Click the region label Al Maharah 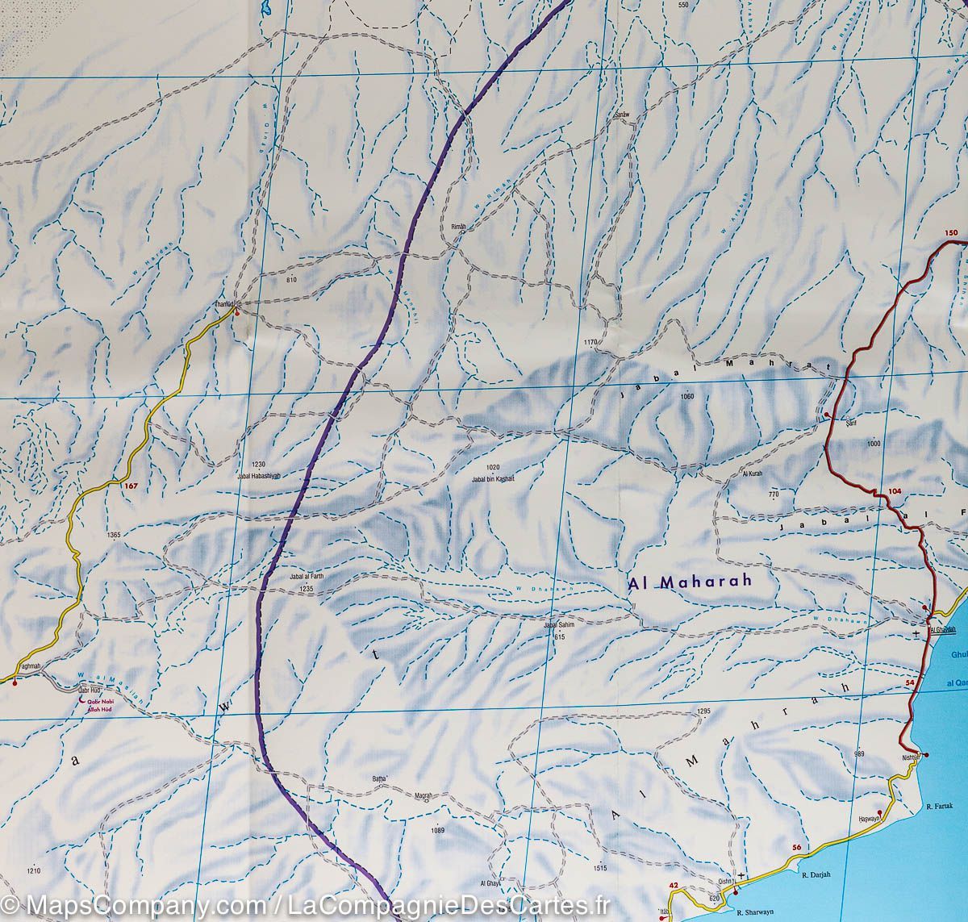[x=690, y=581]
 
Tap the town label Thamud [x=223, y=304]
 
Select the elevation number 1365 [x=112, y=536]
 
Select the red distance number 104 [x=893, y=491]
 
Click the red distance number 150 [x=951, y=234]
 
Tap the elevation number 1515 [x=598, y=868]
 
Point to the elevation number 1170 [x=590, y=343]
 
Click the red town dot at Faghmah [x=14, y=682]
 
